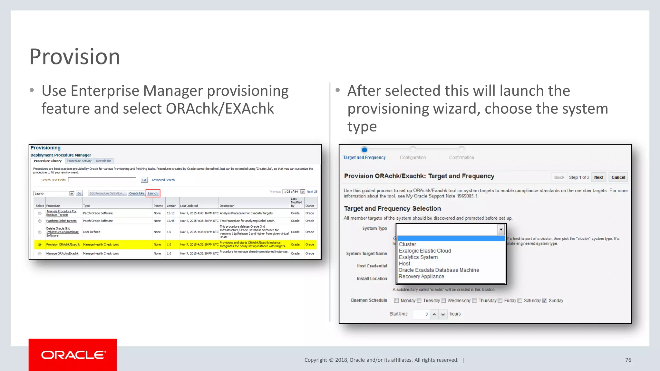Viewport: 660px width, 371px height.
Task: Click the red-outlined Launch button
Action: point(153,193)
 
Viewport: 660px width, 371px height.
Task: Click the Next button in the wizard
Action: point(598,177)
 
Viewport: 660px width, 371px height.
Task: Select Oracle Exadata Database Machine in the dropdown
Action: point(439,270)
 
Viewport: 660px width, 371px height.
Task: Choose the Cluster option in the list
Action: point(408,244)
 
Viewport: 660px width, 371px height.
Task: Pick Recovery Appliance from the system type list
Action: point(421,277)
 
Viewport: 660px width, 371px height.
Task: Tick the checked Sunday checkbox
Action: point(545,300)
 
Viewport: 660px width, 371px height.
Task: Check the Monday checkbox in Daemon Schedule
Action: point(396,300)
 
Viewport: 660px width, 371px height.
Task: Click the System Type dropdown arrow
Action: point(501,229)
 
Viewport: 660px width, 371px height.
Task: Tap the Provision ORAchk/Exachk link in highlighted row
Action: point(63,244)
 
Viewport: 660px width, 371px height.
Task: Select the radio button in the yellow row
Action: point(40,245)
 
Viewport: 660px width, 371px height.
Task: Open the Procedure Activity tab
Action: point(79,161)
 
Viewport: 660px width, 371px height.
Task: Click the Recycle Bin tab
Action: point(103,161)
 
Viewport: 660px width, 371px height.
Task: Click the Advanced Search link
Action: point(163,180)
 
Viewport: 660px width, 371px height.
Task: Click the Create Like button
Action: point(136,193)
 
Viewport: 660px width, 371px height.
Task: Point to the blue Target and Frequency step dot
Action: point(364,150)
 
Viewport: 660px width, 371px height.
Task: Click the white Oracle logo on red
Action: point(73,355)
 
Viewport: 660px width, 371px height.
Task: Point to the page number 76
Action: point(628,360)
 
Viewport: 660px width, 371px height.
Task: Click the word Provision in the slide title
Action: point(75,57)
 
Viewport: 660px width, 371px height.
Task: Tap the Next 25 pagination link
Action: point(312,192)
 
